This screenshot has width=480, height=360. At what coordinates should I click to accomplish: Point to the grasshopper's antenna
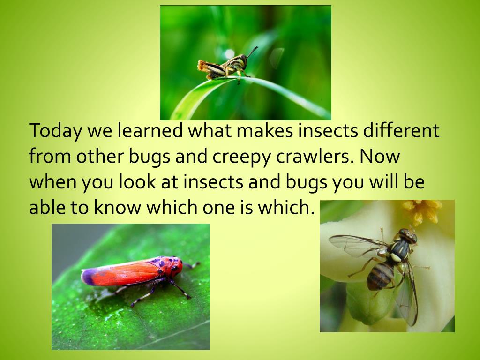pos(252,52)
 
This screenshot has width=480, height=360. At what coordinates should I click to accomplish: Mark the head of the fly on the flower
pos(407,236)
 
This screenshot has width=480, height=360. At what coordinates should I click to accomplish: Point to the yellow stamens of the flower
pos(422,211)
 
